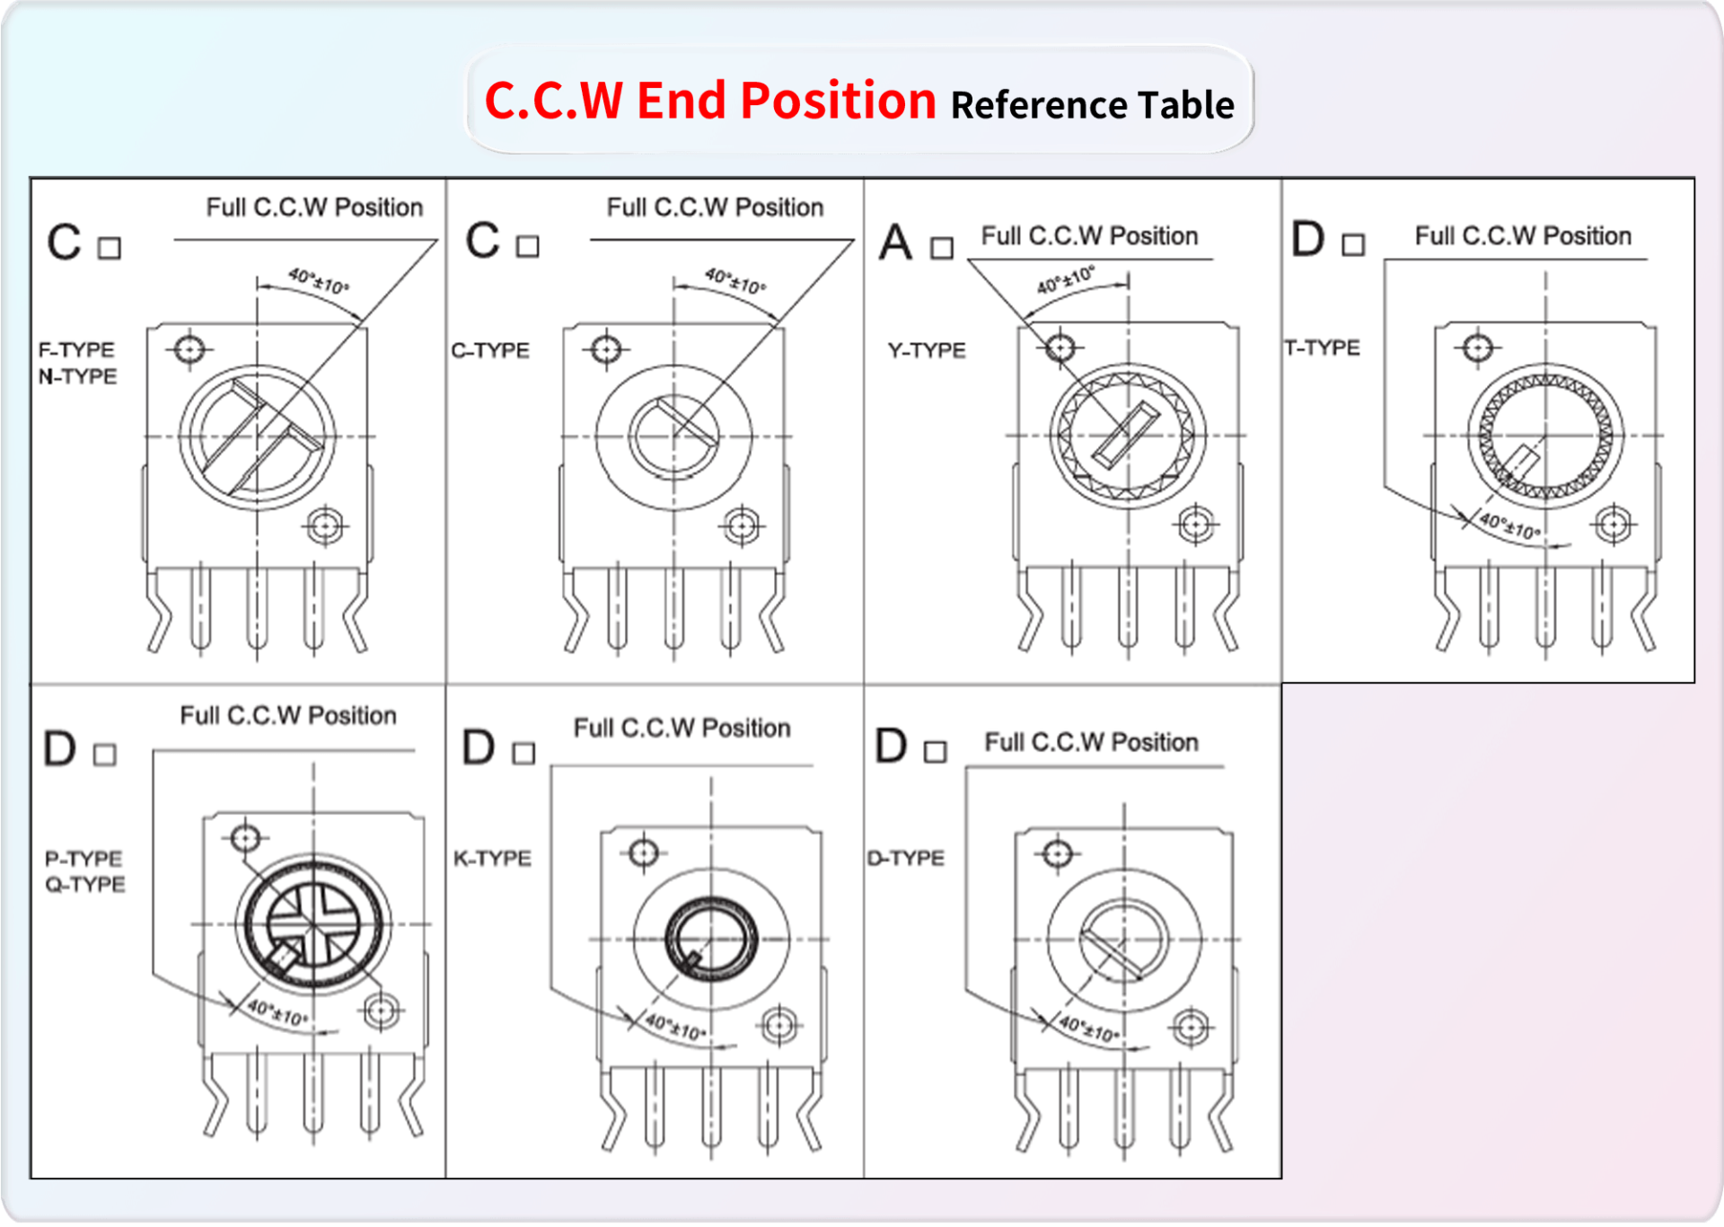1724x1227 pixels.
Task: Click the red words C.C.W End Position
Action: pos(710,100)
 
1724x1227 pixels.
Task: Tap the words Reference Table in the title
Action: pos(1093,105)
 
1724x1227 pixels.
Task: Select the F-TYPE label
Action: pos(76,349)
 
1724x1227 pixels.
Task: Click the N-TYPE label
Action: pos(77,376)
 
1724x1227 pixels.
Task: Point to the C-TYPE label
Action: pos(490,350)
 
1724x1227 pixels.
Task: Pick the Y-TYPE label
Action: pos(927,350)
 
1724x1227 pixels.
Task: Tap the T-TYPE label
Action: pos(1322,348)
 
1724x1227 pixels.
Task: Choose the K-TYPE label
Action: pos(492,859)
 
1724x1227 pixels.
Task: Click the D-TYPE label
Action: pos(906,859)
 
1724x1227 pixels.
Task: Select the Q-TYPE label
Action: pos(85,885)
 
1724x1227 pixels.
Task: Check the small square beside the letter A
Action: pos(942,248)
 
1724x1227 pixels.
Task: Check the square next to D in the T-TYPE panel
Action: pos(1353,244)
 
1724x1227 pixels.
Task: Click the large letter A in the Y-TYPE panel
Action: pos(895,243)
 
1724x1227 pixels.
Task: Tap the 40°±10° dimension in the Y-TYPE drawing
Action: pos(1066,279)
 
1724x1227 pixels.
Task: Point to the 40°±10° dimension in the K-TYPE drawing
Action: pos(675,1027)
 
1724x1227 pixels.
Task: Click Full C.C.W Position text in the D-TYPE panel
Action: pos(1092,742)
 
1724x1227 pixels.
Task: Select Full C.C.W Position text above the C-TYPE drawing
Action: pos(715,207)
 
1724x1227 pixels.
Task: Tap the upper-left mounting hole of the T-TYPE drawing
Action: pos(1478,348)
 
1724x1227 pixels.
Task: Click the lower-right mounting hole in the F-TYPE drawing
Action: pos(324,526)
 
